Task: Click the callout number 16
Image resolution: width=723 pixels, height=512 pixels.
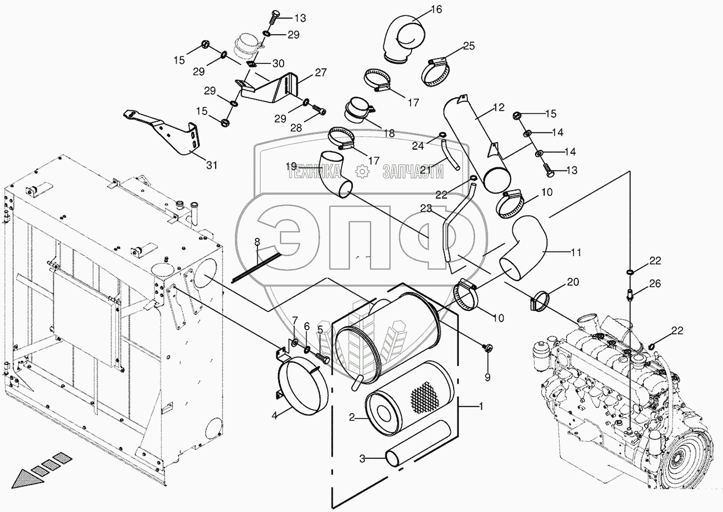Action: coord(436,9)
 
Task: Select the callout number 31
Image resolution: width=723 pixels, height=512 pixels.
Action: coord(212,165)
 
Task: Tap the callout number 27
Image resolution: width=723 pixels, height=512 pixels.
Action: coord(320,72)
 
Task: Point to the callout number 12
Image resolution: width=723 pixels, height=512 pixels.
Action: coord(498,108)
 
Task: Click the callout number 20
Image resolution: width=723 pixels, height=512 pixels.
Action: coord(572,282)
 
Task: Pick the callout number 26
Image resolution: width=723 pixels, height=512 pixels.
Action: coord(654,284)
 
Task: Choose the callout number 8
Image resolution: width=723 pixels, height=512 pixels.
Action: coord(257,242)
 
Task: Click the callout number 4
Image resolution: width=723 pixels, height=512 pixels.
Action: coord(274,415)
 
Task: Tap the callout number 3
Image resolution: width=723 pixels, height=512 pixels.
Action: coord(361,458)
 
